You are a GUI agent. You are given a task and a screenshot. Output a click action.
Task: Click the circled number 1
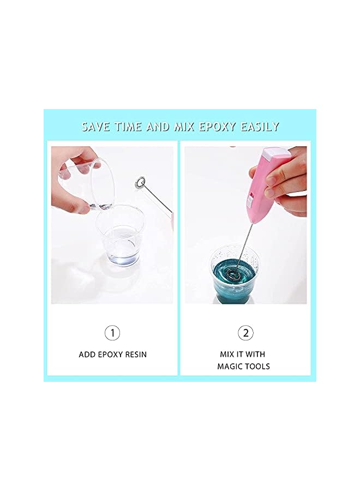[x=112, y=333]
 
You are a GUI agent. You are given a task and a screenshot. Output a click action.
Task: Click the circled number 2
[x=245, y=333]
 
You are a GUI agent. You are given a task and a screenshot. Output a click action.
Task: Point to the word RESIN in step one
[x=136, y=355]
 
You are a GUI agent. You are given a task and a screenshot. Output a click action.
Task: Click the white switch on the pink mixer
[x=250, y=201]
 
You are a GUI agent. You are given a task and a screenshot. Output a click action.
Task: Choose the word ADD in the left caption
[x=86, y=355]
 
